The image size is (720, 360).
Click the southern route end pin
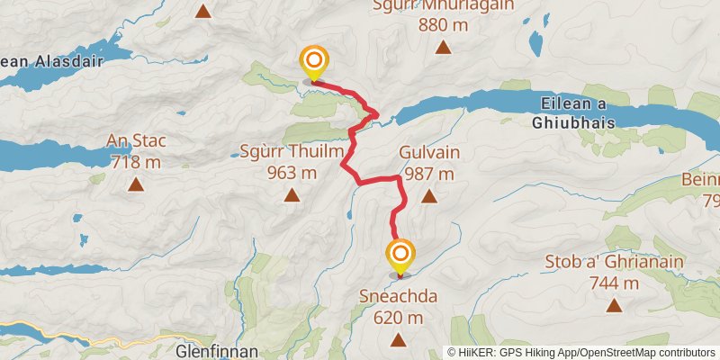tap(400, 256)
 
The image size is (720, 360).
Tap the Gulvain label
tap(428, 154)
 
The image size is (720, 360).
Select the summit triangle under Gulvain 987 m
tap(429, 195)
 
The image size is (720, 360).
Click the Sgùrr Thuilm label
tap(292, 152)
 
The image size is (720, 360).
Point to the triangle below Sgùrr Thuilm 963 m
tap(292, 195)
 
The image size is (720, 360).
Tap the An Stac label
tap(136, 141)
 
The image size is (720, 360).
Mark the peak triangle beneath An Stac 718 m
tap(136, 184)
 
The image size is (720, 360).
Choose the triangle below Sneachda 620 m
tap(398, 339)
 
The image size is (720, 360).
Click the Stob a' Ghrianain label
tap(615, 263)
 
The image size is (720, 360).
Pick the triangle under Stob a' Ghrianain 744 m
tap(615, 306)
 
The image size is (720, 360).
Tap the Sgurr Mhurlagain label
tap(443, 5)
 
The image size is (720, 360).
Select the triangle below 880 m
tap(443, 48)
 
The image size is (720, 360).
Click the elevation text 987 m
tap(429, 174)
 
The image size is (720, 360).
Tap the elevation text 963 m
tap(292, 173)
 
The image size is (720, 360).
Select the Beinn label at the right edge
tap(701, 179)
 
